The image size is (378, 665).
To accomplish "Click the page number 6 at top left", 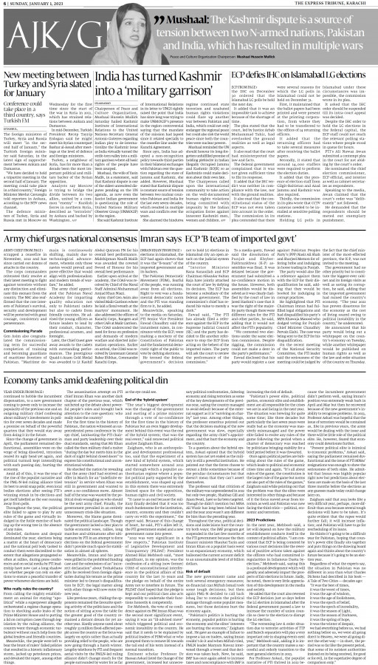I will [x=4, y=4].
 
